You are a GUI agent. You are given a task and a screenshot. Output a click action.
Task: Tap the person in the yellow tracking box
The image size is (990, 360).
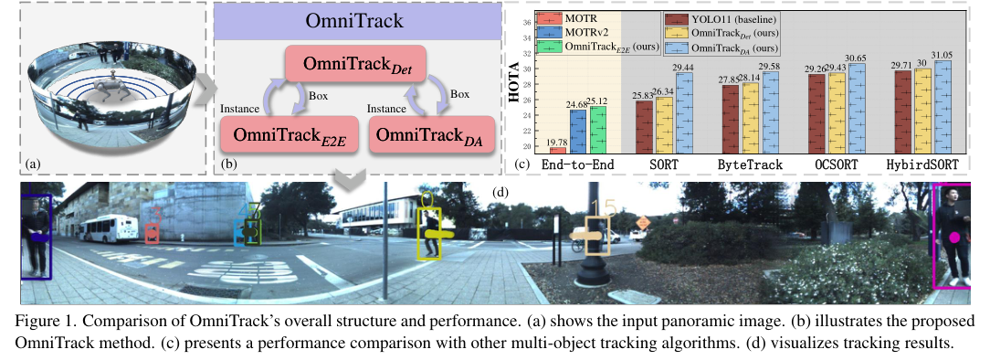click(428, 233)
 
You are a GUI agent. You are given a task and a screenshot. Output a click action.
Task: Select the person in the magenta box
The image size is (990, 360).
click(955, 236)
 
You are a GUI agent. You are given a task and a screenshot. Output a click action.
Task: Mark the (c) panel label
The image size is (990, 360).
click(520, 165)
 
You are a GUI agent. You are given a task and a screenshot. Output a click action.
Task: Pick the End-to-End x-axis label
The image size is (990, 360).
click(572, 165)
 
